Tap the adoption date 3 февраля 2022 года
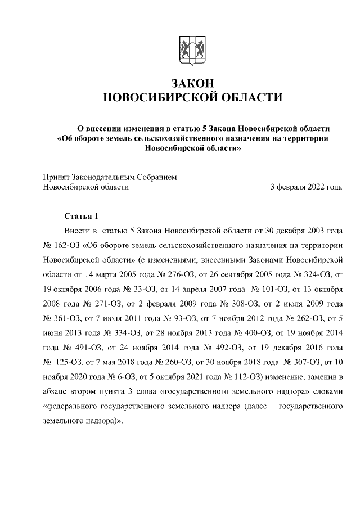tap(306, 187)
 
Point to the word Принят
tap(57, 177)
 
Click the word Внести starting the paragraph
tap(78, 231)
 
